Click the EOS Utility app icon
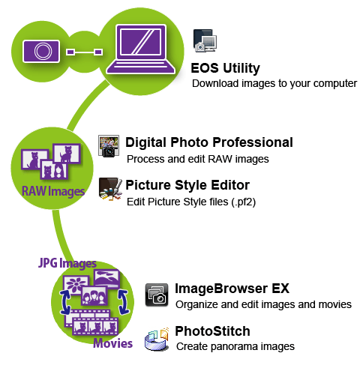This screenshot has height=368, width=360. pos(205,40)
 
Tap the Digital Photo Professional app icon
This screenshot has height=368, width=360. pos(109,146)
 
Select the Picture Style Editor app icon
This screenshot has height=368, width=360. pos(110,189)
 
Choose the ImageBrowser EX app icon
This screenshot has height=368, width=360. pos(157,295)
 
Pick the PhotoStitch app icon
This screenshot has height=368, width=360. pos(157,338)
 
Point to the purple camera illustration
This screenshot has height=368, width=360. pos(41,51)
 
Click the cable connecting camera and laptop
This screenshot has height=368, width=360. pos(85,52)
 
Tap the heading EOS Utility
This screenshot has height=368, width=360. pos(225,68)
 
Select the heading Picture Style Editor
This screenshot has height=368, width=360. pos(187,185)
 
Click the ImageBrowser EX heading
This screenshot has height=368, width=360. pos(232,289)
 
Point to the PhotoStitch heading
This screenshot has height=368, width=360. pos(212,331)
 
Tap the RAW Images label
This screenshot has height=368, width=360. pos(53,192)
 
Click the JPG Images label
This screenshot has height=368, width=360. pos(67,263)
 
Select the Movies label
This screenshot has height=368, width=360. pos(112,343)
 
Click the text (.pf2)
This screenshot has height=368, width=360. pos(244,202)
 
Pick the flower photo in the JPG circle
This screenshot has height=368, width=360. pos(76,285)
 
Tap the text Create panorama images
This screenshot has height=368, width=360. pos(235,346)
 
